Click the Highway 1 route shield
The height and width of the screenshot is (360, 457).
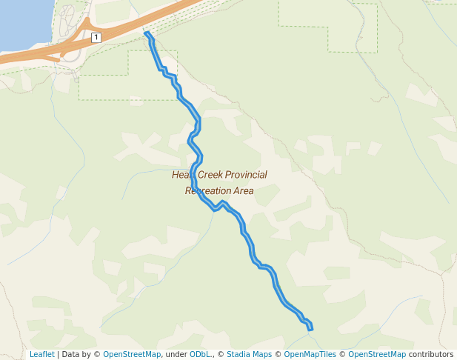[96, 37]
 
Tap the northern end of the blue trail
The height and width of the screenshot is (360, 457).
[147, 34]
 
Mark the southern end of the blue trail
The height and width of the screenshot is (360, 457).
[310, 327]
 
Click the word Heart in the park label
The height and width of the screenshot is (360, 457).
[183, 175]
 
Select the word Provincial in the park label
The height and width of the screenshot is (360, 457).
[247, 175]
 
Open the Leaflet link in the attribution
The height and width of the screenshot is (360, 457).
[41, 354]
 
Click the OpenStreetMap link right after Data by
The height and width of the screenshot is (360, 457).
[132, 354]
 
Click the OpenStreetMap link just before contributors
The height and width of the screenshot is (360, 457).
[377, 354]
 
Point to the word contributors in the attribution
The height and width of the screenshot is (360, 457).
[431, 354]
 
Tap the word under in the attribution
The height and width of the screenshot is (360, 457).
[176, 354]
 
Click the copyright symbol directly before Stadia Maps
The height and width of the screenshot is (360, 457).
[221, 354]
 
